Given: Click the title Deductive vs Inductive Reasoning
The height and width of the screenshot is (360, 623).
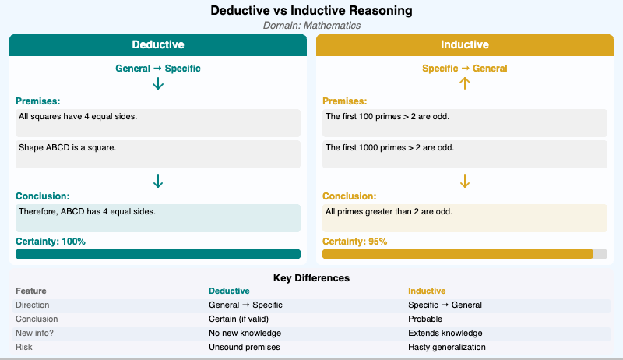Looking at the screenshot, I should click(311, 11).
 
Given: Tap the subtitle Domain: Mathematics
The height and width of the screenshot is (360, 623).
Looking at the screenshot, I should click(311, 25).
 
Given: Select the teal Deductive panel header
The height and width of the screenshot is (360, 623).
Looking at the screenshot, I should click(158, 45).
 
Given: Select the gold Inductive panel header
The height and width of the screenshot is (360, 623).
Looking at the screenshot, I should click(465, 45).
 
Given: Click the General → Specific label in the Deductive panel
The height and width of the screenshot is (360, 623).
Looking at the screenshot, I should click(158, 69).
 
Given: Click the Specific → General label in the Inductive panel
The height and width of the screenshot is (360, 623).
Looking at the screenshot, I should click(465, 69).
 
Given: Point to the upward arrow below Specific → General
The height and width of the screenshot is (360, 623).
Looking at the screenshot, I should click(465, 83).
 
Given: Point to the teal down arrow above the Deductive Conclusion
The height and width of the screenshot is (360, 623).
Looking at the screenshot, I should click(158, 181).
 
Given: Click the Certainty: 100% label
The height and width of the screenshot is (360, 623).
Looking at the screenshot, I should click(51, 242).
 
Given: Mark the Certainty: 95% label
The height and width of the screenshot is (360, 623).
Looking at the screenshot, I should click(355, 242).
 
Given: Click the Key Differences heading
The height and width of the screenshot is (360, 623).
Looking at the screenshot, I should click(311, 278).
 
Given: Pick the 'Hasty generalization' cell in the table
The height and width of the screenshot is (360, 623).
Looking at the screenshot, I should click(447, 347).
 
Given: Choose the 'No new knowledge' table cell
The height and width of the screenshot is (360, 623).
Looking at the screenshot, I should click(245, 333).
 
